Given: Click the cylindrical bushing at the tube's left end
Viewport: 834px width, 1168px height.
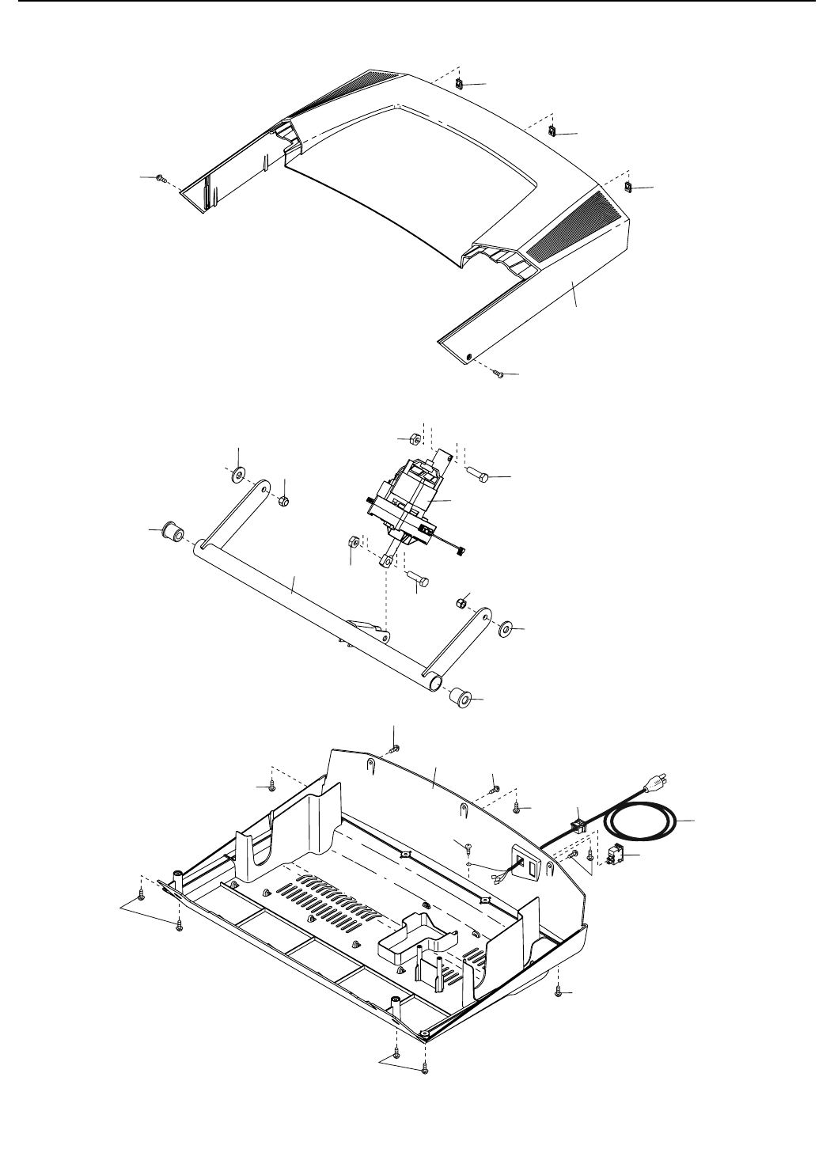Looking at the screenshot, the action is click(x=172, y=531).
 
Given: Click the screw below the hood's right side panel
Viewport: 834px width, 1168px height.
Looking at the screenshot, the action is click(x=499, y=374).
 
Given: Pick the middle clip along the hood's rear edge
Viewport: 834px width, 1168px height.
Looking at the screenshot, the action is click(x=553, y=131).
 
